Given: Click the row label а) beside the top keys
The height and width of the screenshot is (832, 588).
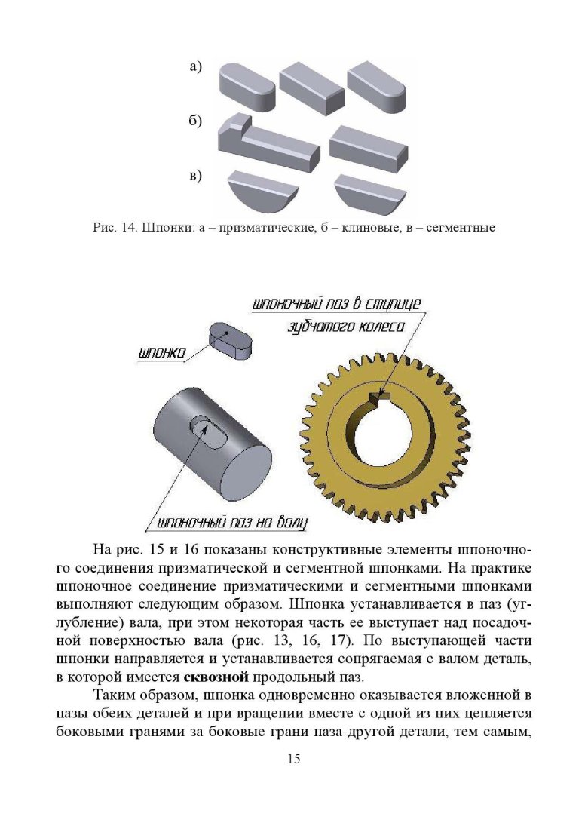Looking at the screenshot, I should (195, 68).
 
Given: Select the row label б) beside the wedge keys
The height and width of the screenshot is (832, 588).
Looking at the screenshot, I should (195, 122).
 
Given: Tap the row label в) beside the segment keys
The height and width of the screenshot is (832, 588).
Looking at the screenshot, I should (195, 177).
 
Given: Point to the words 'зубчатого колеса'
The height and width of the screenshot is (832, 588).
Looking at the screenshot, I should (347, 327).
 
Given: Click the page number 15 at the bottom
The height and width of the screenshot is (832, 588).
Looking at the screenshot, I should (294, 758).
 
